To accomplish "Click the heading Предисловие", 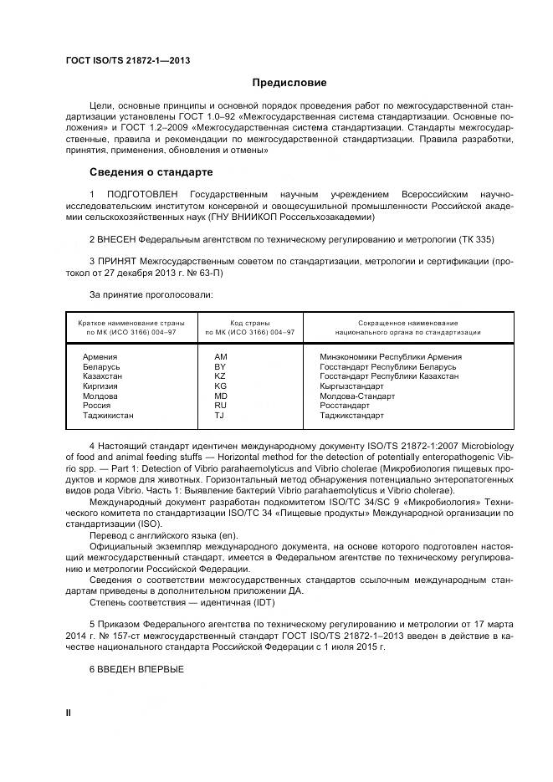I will point(289,83).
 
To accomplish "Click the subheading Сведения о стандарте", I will point(151,172).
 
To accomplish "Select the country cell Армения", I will point(100,357).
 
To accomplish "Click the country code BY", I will point(220,367).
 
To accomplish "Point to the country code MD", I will point(221,396).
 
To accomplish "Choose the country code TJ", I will point(219,415).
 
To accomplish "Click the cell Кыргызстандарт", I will point(351,386).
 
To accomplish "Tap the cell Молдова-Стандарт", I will point(357,396).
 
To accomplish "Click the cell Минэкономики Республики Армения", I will point(390,357).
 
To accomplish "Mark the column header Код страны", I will point(249,323).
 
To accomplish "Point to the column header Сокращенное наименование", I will point(407,323).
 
